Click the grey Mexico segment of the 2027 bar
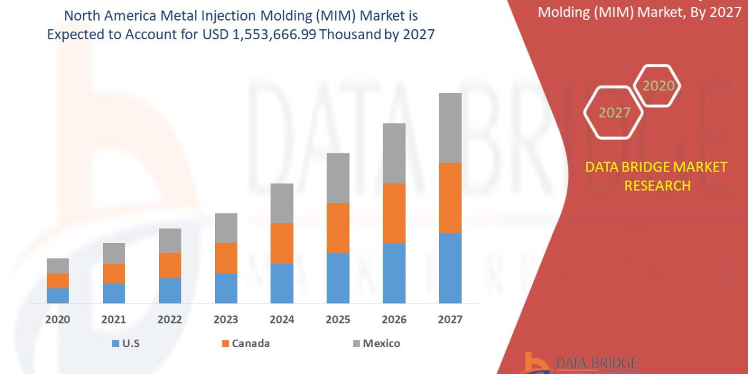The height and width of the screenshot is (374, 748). click(450, 128)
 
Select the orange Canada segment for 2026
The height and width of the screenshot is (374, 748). click(394, 213)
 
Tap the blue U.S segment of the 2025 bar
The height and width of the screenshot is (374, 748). click(338, 278)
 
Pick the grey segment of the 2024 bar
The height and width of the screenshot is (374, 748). click(282, 203)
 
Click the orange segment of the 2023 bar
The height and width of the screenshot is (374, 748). click(226, 258)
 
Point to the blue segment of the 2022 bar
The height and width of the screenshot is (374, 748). click(170, 290)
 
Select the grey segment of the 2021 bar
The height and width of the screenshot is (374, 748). click(113, 253)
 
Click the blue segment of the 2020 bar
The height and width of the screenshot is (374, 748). click(57, 295)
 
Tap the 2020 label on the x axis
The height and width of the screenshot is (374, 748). click(57, 320)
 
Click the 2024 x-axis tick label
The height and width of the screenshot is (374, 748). click(282, 320)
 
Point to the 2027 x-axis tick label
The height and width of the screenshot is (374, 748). click(450, 320)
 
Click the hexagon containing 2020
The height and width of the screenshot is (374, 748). click(658, 86)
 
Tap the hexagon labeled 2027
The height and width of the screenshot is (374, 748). click(614, 113)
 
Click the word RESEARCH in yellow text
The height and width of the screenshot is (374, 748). click(657, 186)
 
